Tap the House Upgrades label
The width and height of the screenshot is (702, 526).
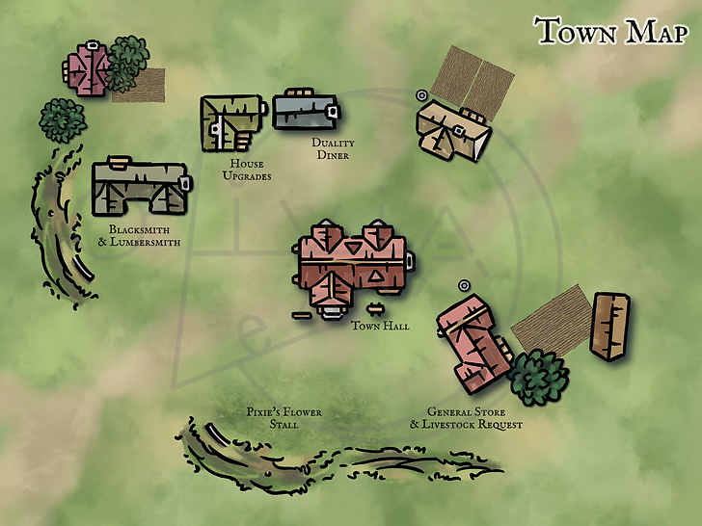pyautogui.click(x=247, y=171)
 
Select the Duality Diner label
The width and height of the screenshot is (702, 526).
pyautogui.click(x=332, y=149)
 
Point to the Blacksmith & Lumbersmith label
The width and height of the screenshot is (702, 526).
pyautogui.click(x=139, y=236)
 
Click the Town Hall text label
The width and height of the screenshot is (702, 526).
pyautogui.click(x=380, y=326)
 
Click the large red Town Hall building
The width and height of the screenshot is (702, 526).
pyautogui.click(x=351, y=265)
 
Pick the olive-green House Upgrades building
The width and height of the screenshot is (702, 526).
pyautogui.click(x=231, y=122)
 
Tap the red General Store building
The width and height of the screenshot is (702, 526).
pyautogui.click(x=472, y=342)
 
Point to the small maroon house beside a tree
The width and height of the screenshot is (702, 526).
pyautogui.click(x=88, y=69)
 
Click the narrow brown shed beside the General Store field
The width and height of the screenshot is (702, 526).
pyautogui.click(x=610, y=327)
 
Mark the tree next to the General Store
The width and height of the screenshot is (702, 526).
pyautogui.click(x=537, y=378)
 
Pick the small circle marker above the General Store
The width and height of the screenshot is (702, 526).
pyautogui.click(x=464, y=285)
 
